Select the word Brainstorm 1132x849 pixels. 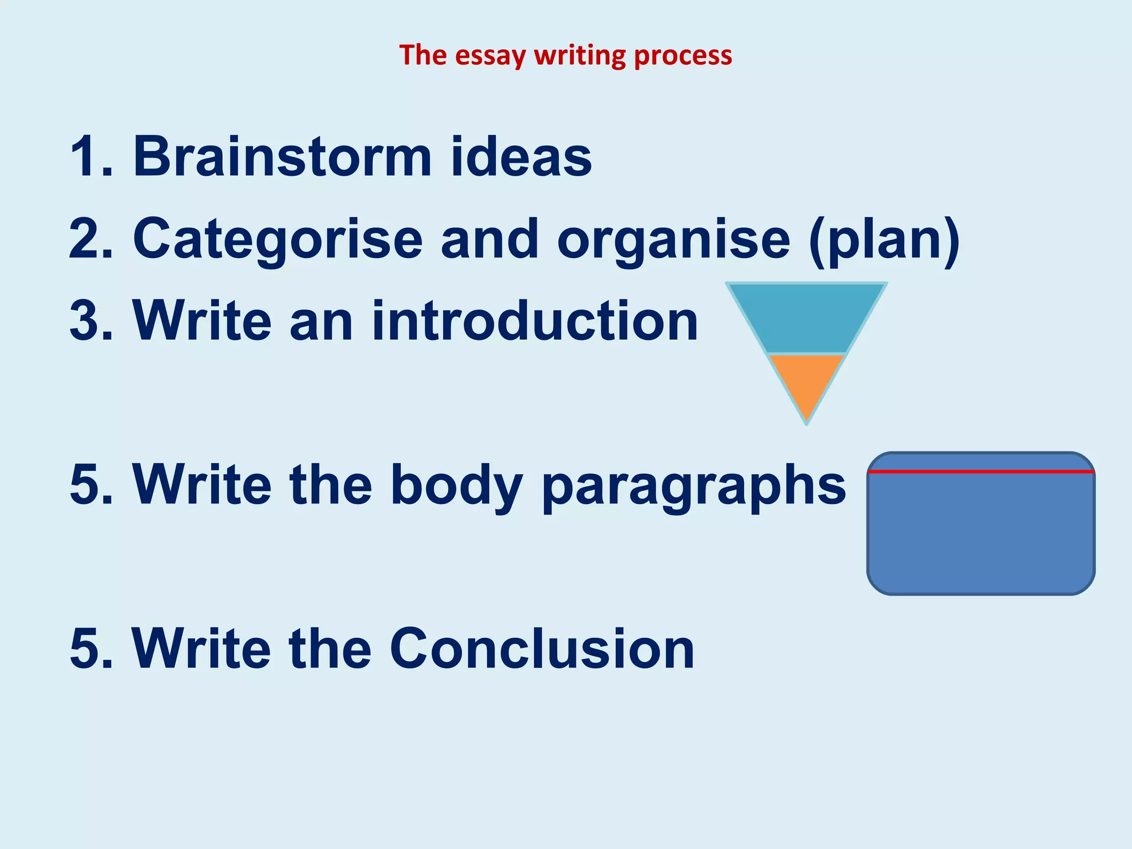point(282,157)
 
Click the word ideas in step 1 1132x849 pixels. point(521,157)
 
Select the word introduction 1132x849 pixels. point(535,321)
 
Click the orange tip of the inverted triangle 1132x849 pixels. point(806,381)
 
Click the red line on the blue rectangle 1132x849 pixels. point(981,471)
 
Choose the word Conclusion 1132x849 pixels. point(542,648)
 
